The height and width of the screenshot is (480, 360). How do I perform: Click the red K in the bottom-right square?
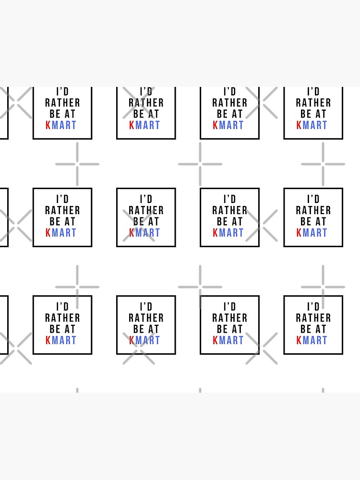click(x=299, y=340)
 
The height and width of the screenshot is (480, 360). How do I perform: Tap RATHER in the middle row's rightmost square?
click(x=313, y=210)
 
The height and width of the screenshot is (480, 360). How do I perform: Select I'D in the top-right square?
click(x=313, y=92)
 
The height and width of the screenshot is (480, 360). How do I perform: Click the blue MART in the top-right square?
click(x=315, y=125)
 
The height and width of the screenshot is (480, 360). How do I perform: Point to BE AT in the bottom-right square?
click(x=313, y=329)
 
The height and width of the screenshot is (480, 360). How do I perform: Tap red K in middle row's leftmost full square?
click(x=48, y=233)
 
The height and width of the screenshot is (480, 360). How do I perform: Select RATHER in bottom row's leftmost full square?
click(x=62, y=318)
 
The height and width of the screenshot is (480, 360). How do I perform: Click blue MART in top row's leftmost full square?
click(x=64, y=125)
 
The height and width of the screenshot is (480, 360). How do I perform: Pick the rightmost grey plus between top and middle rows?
click(x=323, y=164)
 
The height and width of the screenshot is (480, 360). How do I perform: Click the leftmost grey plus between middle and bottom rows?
click(x=77, y=287)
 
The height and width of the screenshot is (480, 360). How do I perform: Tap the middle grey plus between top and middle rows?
click(x=200, y=164)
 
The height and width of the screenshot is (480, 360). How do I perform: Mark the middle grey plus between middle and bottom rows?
click(x=200, y=287)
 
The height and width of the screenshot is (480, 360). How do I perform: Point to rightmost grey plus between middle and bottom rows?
click(x=323, y=287)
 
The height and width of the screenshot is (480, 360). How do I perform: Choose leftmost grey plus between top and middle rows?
click(x=77, y=164)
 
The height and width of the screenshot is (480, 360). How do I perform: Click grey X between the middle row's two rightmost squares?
click(x=262, y=225)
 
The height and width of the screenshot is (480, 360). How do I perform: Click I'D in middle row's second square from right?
click(x=230, y=199)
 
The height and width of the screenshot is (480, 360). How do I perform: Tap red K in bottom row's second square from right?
click(x=216, y=340)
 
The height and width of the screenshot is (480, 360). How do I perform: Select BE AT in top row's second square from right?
click(x=230, y=114)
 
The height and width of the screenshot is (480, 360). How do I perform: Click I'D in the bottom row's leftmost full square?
click(x=62, y=307)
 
